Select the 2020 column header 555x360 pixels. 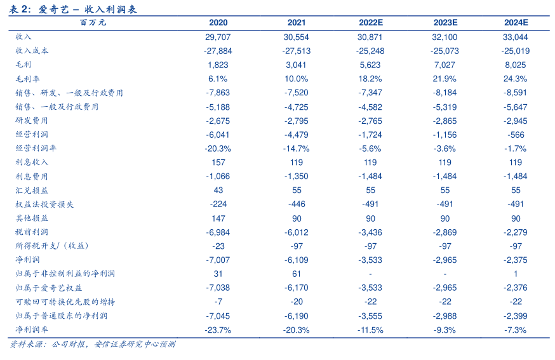[218, 23]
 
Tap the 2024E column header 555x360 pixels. [516, 23]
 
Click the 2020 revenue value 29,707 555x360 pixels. [218, 37]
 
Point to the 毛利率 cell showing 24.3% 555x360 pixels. [516, 79]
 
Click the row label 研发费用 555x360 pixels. [32, 121]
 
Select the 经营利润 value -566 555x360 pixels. [516, 135]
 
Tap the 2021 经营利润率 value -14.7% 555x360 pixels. [296, 149]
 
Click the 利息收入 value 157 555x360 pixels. [218, 163]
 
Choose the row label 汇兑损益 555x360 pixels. [32, 190]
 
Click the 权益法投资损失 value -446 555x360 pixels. [296, 204]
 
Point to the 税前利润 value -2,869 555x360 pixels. [444, 232]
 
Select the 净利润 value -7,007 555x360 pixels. [218, 260]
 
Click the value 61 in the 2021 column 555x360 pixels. [296, 274]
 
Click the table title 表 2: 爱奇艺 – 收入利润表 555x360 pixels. [74, 9]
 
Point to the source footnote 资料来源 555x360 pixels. [93, 345]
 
